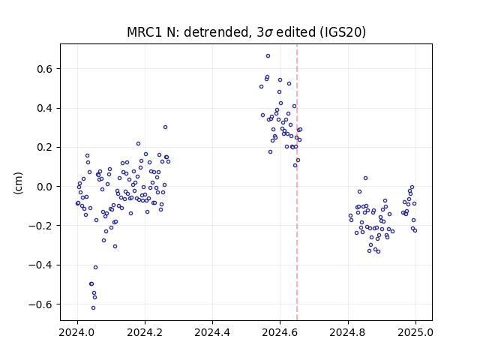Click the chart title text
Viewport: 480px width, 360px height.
(x=247, y=32)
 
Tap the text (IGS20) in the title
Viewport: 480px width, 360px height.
(x=343, y=32)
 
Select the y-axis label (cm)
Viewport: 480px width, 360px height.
(x=18, y=183)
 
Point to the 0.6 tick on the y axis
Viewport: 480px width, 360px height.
(x=45, y=69)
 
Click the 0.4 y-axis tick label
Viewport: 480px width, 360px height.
(x=45, y=108)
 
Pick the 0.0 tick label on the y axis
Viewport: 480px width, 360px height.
(x=45, y=187)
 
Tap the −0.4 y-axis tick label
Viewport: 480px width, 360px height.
(x=41, y=265)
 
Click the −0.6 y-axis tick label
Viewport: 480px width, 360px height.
(x=41, y=304)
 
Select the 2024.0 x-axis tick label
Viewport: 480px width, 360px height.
(x=77, y=332)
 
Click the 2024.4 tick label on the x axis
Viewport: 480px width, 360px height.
(x=212, y=332)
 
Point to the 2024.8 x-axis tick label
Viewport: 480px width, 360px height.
(x=348, y=332)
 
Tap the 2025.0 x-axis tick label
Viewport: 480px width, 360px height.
(x=415, y=332)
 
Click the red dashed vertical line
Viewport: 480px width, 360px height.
(x=297, y=182)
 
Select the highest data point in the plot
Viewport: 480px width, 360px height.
(x=268, y=55)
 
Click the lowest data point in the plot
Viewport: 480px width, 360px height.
(x=93, y=307)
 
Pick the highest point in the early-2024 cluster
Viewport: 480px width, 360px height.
(x=165, y=127)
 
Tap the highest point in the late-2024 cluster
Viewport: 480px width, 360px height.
(x=365, y=178)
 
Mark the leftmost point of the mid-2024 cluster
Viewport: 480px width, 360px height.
(x=261, y=87)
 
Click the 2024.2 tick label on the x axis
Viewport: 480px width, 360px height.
(x=145, y=332)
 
